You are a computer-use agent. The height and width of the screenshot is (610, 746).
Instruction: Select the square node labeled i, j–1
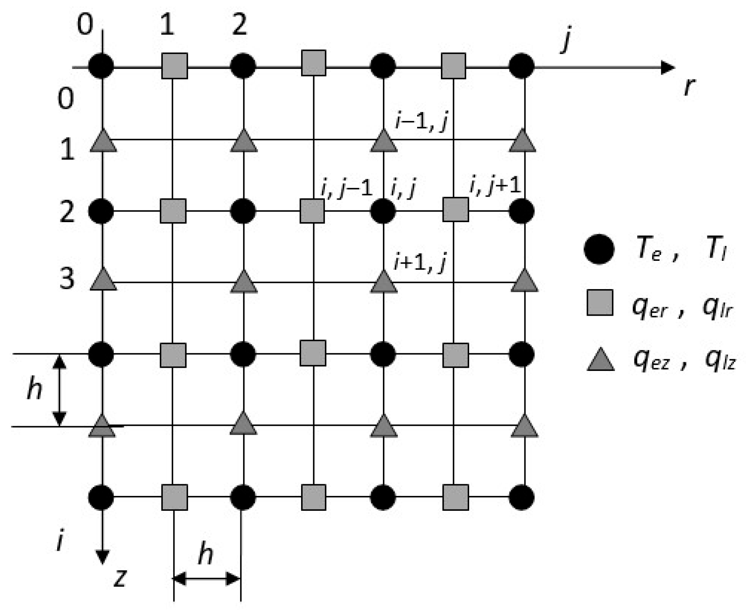point(312,211)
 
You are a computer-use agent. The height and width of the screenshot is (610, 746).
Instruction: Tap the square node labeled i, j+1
point(455,210)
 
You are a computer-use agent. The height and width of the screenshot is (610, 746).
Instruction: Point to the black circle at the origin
point(101,66)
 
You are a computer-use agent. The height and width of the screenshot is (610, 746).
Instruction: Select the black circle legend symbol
point(599,249)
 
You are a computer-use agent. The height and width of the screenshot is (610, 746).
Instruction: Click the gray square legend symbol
point(600,302)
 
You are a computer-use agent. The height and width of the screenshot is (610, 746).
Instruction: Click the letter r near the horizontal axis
point(690,86)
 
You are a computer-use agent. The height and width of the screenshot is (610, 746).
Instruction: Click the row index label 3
point(67,279)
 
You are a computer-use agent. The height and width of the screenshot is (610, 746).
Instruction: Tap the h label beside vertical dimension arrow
point(34,389)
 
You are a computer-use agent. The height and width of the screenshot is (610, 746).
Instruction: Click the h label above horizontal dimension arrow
point(206,554)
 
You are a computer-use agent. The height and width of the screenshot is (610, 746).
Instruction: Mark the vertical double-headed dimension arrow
point(60,390)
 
